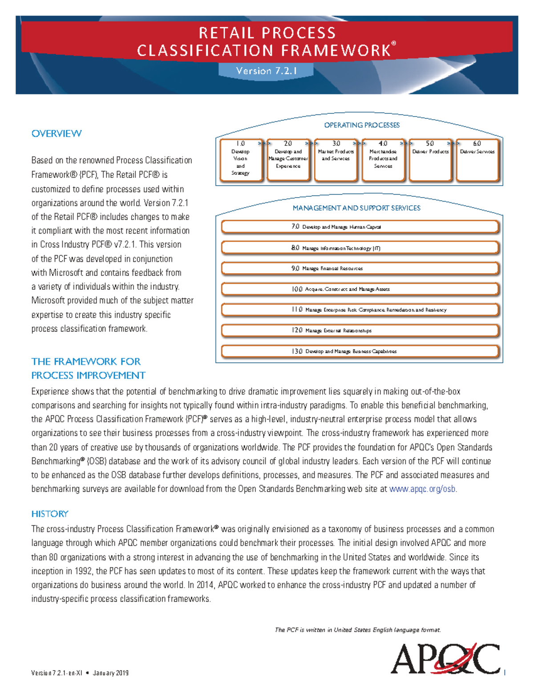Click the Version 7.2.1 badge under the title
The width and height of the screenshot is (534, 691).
266,71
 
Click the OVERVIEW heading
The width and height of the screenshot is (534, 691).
57,133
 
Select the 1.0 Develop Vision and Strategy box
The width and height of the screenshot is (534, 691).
241,160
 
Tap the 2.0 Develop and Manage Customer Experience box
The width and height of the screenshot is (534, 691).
288,160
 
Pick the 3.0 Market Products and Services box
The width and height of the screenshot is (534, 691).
336,160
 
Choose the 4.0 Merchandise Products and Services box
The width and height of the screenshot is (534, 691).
383,160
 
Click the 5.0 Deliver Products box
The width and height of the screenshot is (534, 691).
430,160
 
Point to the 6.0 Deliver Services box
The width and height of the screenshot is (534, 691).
477,160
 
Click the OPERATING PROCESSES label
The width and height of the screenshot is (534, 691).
362,125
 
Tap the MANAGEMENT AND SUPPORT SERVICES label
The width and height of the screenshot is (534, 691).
356,208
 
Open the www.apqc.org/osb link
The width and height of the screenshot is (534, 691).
422,489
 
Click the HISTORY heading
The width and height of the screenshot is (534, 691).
50,514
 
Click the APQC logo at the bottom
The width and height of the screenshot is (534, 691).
445,659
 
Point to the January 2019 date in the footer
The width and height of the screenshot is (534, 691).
111,673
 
